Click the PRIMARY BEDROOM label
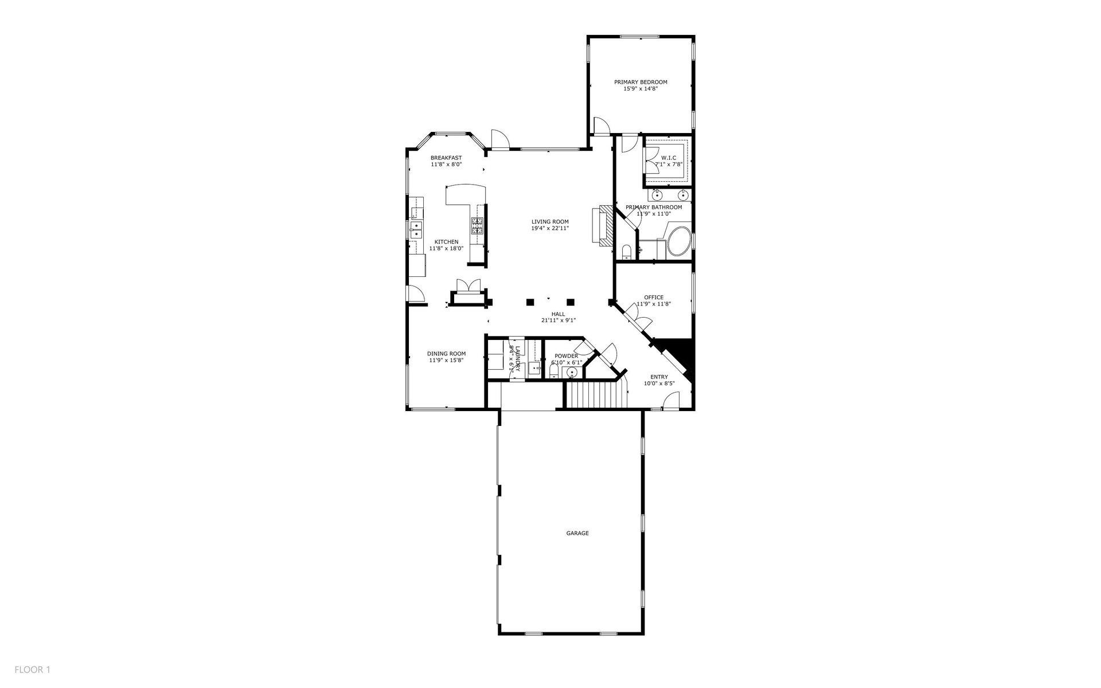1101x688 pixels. pyautogui.click(x=641, y=82)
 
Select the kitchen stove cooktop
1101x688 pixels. pyautogui.click(x=477, y=225)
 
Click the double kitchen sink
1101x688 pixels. pyautogui.click(x=415, y=229)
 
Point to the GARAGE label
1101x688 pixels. pyautogui.click(x=577, y=533)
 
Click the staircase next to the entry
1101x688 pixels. pyautogui.click(x=594, y=395)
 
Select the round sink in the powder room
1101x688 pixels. pyautogui.click(x=572, y=373)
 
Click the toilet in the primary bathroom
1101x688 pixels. pyautogui.click(x=627, y=252)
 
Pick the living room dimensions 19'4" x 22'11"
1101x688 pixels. pyautogui.click(x=550, y=229)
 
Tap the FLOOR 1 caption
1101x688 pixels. pyautogui.click(x=33, y=669)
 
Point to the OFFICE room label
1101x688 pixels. pyautogui.click(x=654, y=298)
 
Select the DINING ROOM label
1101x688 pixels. pyautogui.click(x=446, y=354)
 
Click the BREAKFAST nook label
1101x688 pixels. pyautogui.click(x=446, y=158)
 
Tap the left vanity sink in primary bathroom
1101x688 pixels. pyautogui.click(x=658, y=195)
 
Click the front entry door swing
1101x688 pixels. pyautogui.click(x=671, y=401)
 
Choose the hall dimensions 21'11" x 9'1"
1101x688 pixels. pyautogui.click(x=558, y=321)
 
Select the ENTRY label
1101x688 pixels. pyautogui.click(x=659, y=377)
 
